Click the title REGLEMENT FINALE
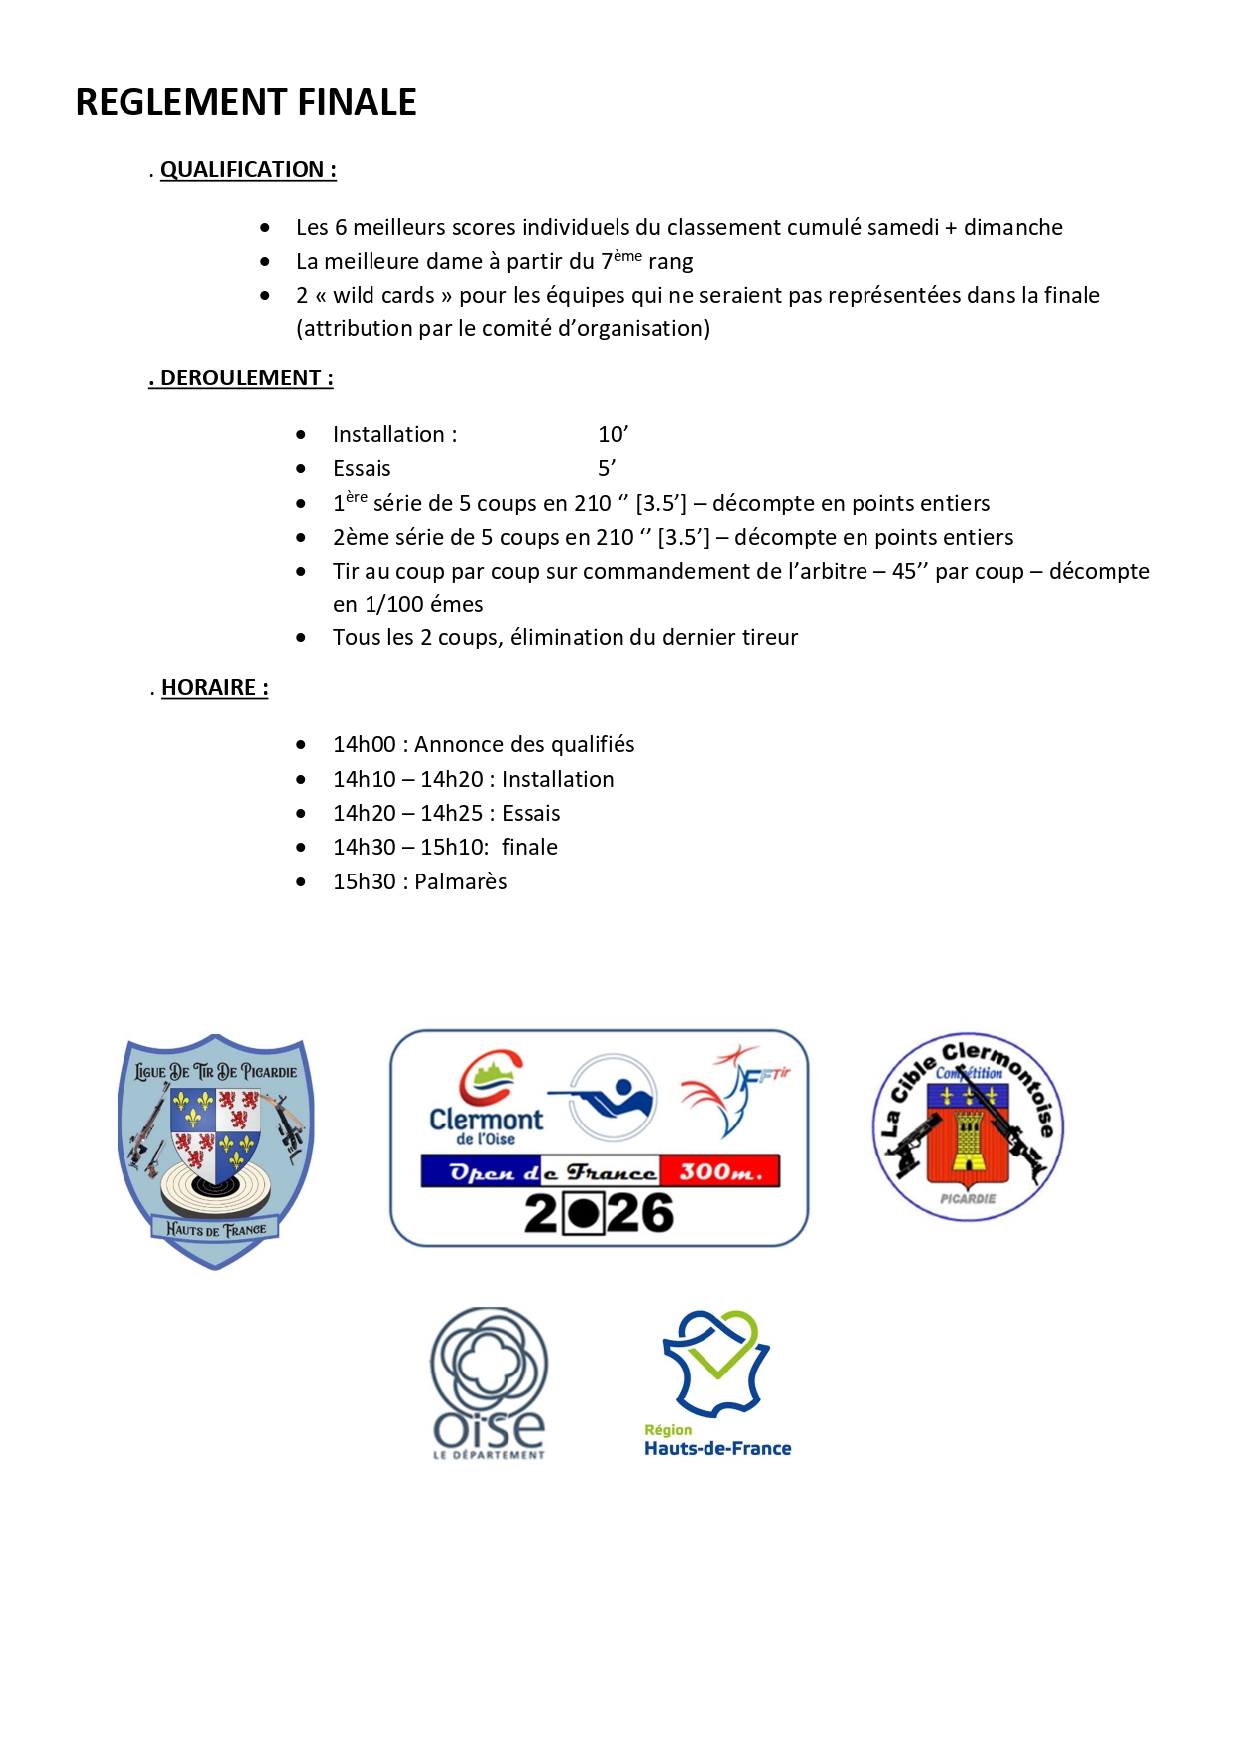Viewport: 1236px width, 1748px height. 246,102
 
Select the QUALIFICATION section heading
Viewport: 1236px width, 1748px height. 248,170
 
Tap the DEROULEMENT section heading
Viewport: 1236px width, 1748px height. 241,378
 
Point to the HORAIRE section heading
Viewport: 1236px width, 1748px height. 214,688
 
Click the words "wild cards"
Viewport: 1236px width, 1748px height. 383,296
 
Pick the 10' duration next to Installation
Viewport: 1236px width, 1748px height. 613,435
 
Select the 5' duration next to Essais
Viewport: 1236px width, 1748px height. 607,469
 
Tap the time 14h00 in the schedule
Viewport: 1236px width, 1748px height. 365,745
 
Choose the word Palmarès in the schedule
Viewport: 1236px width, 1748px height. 461,882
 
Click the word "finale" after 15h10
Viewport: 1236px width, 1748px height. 530,848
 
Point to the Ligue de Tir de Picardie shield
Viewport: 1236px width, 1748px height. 216,1150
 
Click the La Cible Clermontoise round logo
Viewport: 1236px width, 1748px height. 968,1126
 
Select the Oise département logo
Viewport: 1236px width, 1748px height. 489,1383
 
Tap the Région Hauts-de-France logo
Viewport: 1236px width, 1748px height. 717,1384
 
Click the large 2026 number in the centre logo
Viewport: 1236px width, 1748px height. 600,1214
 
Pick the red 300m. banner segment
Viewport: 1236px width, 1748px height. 720,1172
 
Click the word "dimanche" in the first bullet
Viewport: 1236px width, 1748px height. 1013,228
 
